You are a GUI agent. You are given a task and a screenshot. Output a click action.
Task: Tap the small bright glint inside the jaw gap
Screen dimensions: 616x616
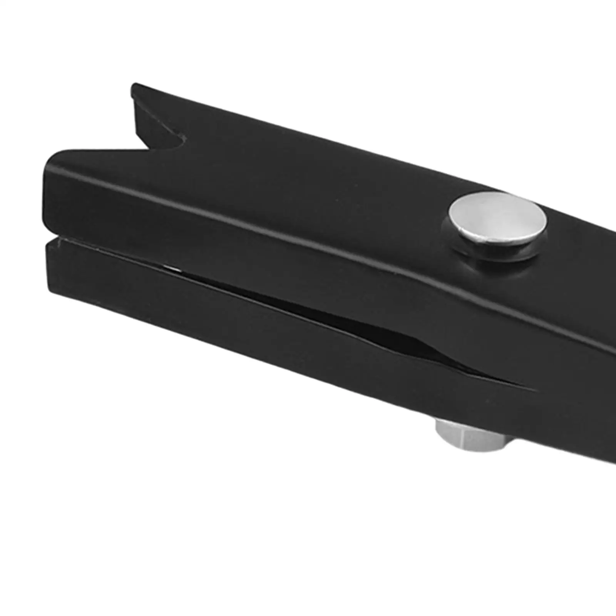coord(169,266)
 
